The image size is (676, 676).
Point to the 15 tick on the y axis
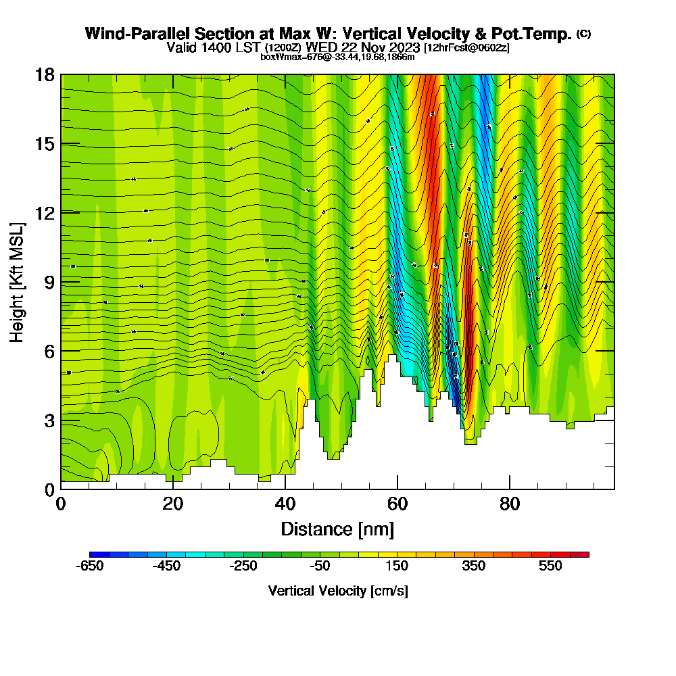click(45, 143)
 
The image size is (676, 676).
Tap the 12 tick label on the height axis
click(45, 212)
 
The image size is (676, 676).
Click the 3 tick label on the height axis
click(50, 420)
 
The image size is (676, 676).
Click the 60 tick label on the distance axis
click(397, 504)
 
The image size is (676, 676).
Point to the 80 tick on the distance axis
click(510, 504)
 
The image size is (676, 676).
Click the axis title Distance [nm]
click(337, 529)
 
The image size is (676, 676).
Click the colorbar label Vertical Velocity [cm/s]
click(338, 591)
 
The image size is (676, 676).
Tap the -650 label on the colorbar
click(91, 566)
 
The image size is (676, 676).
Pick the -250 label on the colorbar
click(243, 566)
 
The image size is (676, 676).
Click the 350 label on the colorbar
click(474, 566)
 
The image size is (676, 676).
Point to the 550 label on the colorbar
click(550, 566)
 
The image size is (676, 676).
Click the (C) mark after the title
click(583, 33)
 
